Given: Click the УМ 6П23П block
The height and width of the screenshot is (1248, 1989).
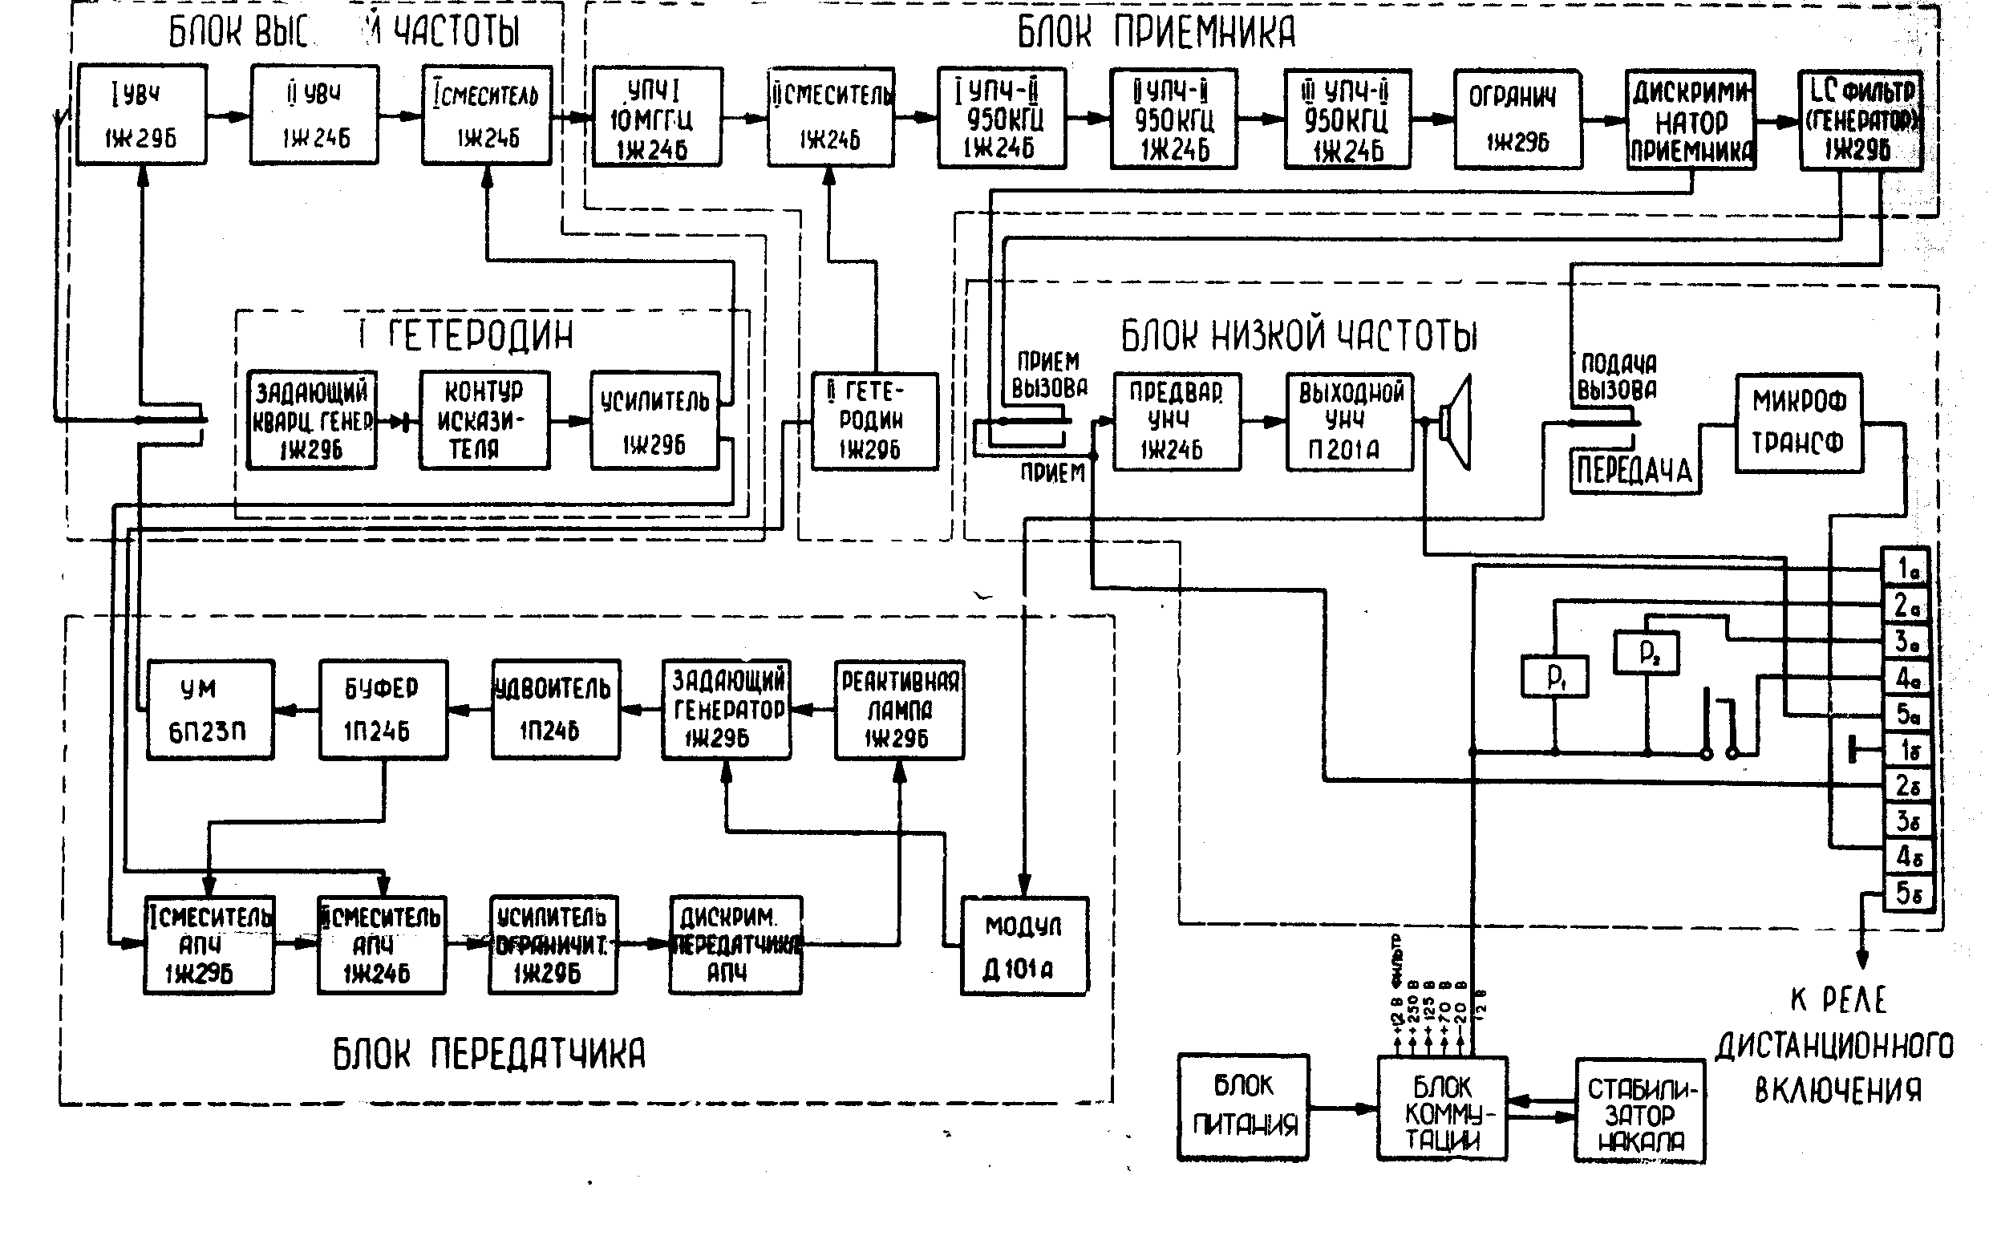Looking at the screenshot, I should (209, 709).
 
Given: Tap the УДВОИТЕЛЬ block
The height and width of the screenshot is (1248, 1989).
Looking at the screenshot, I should (556, 709).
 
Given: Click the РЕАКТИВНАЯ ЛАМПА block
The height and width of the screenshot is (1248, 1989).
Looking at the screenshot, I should (899, 709).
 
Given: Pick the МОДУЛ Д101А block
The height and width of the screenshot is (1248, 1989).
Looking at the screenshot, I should (1024, 946).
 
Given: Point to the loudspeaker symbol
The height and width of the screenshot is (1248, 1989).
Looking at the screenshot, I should (1456, 422).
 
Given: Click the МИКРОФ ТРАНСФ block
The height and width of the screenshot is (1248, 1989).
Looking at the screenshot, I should (1798, 423).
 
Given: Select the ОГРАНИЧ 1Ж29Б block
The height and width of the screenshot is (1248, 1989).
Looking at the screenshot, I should (1517, 119).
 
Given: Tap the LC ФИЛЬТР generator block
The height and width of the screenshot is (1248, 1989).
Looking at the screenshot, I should (1859, 120).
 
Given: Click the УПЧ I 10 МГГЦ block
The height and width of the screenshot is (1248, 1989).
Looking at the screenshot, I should (657, 118).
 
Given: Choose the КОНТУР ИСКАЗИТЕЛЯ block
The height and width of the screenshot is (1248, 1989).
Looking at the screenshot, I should (484, 420).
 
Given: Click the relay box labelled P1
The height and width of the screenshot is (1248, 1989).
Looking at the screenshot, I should (1554, 676).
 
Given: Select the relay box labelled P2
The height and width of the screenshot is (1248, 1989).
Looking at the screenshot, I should (1647, 653).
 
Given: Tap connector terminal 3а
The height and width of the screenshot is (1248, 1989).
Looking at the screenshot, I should (1906, 641).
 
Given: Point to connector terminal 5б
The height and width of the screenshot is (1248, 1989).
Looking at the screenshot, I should (1907, 893).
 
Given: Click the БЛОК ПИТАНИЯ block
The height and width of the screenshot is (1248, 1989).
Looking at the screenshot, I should (1243, 1107).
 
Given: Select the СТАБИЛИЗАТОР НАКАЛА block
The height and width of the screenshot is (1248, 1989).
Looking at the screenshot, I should (1639, 1111).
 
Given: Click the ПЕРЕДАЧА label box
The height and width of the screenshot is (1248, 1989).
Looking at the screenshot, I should (1635, 472).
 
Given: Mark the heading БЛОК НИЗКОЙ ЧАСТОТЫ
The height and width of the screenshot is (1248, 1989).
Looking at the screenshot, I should (1298, 336).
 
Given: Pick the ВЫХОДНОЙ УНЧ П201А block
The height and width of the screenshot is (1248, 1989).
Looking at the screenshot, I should (1349, 422).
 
